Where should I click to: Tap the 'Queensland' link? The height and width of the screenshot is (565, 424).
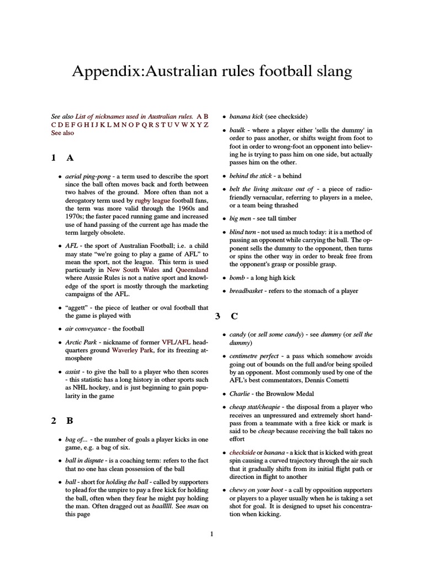coord(192,270)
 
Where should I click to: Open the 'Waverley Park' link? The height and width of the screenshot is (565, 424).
coord(134,350)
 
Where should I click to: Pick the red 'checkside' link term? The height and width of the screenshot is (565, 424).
coord(242,452)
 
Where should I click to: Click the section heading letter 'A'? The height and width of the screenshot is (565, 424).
coord(70,158)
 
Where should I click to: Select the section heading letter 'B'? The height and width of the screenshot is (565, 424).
coord(70,420)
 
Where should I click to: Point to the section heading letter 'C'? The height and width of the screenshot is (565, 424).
coord(234,316)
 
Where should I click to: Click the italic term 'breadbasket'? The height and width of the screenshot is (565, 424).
coord(247,291)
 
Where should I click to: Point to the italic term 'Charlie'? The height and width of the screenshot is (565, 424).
coord(241,394)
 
